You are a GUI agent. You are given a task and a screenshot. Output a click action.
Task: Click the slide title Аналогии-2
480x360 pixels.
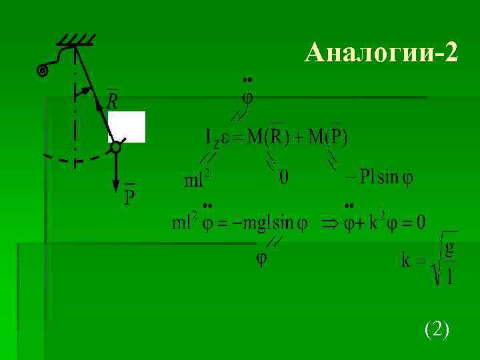tap(381, 52)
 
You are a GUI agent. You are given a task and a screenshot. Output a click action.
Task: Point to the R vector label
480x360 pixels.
tap(113, 99)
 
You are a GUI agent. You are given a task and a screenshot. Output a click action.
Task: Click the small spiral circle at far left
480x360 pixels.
tap(43, 70)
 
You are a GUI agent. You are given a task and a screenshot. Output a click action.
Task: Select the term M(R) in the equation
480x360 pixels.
tap(265, 137)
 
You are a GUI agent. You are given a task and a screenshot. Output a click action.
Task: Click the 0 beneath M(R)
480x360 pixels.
tap(284, 177)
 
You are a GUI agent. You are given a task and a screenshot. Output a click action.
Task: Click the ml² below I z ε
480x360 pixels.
tap(197, 179)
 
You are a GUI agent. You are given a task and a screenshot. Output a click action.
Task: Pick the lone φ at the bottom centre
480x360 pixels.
tap(262, 259)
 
